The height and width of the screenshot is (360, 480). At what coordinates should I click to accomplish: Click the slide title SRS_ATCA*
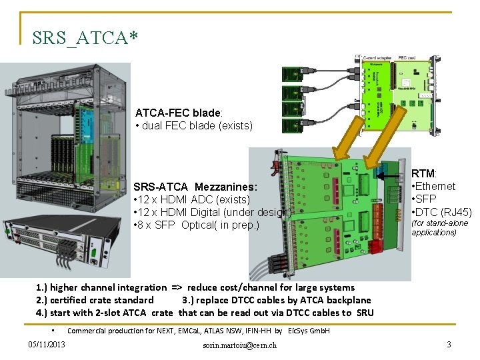85,39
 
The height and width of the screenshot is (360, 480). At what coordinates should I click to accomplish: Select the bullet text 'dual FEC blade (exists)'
197,125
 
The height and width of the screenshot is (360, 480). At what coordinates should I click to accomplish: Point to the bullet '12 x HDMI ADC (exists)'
193,199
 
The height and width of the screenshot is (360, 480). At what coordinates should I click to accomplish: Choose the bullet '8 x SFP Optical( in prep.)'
198,225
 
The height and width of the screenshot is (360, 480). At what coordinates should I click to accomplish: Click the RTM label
423,174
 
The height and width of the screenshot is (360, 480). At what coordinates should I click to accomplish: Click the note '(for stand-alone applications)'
439,227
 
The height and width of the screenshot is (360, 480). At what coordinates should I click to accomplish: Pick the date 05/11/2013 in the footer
47,344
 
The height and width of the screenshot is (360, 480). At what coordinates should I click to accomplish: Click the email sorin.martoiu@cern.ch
241,345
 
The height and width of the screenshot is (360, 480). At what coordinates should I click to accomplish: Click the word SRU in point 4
364,313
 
